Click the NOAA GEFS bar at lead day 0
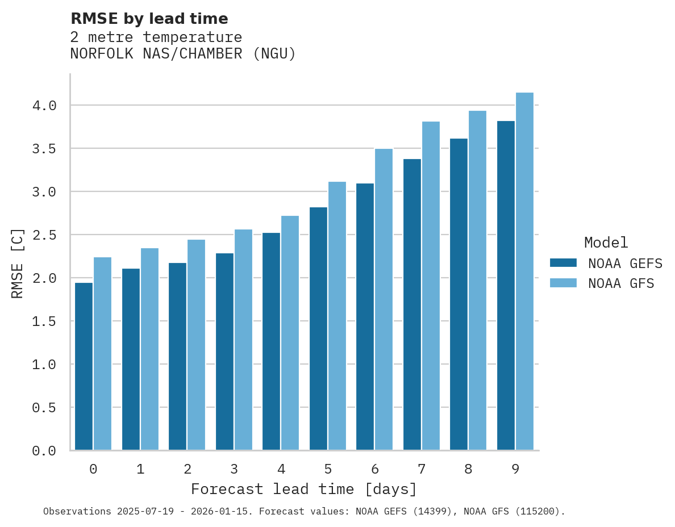[84, 366]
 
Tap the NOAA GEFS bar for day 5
[318, 329]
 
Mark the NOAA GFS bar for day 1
[149, 349]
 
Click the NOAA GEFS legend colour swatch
[563, 263]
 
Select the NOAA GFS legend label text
[621, 283]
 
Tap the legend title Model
[606, 242]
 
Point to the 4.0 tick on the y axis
[44, 106]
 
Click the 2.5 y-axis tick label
[44, 235]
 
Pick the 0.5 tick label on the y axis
[44, 408]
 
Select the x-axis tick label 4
[281, 469]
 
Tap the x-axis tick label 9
[515, 469]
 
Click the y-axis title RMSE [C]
[18, 263]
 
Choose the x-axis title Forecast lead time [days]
[304, 489]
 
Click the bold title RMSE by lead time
[149, 19]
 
